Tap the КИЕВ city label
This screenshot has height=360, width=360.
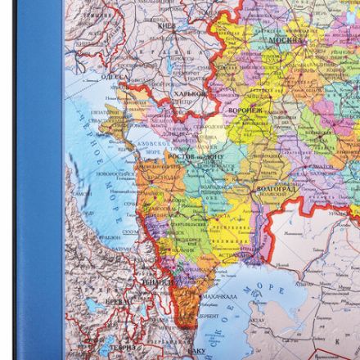point(165,26)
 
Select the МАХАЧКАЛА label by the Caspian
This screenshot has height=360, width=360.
point(218,297)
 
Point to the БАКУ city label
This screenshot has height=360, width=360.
point(197,349)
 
